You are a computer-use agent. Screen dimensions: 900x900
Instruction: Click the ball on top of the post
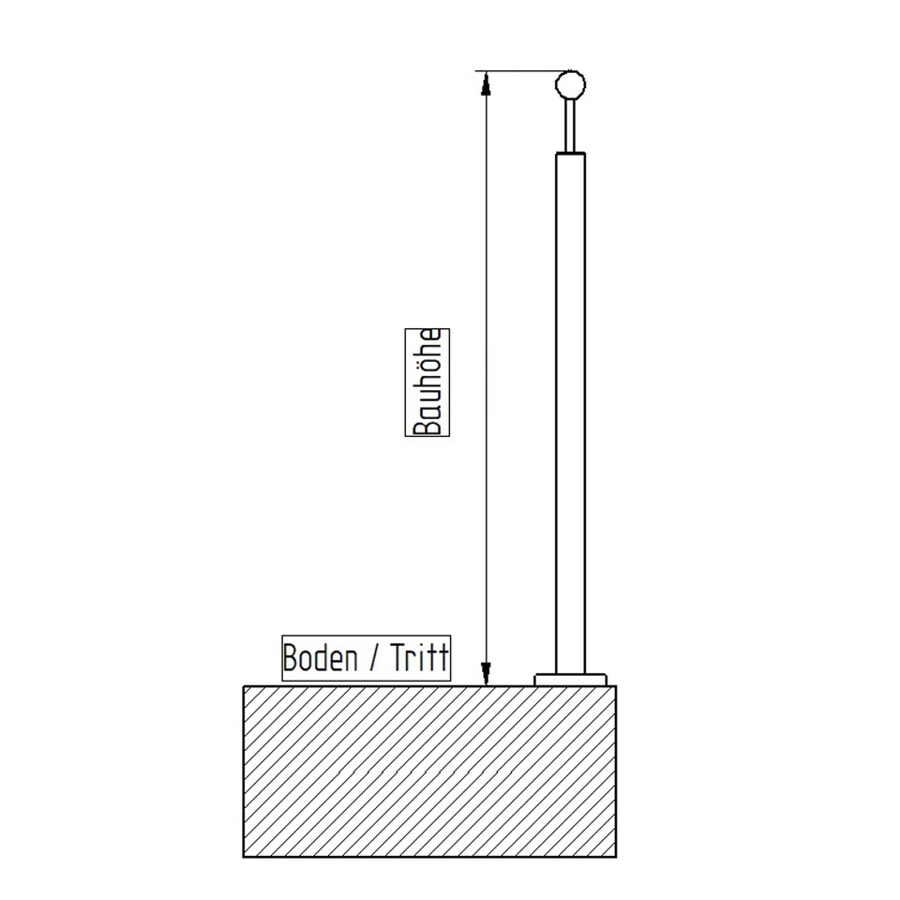(x=570, y=85)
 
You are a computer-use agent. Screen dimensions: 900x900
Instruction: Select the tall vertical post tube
(x=570, y=412)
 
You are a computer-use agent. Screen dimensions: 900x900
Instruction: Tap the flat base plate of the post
(x=570, y=680)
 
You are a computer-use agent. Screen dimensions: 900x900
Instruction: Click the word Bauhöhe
(x=427, y=382)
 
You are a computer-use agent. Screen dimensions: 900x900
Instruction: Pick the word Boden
(x=320, y=658)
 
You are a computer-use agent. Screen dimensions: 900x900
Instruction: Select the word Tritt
(x=420, y=658)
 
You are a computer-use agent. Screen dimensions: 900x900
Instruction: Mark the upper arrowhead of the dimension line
(x=486, y=83)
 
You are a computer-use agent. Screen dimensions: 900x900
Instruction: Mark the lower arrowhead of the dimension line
(x=486, y=673)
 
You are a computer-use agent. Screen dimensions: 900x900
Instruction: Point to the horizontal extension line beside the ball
(x=516, y=71)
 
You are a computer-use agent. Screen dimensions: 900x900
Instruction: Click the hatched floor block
(x=429, y=771)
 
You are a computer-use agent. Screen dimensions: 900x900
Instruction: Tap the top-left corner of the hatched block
(x=244, y=686)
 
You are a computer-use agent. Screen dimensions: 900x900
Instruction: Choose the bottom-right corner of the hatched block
(x=616, y=857)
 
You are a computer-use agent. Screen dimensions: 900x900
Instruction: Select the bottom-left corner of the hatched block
(x=244, y=857)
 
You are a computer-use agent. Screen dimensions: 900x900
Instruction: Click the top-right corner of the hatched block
(x=616, y=686)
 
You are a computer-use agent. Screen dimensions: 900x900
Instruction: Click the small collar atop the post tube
(x=570, y=152)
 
